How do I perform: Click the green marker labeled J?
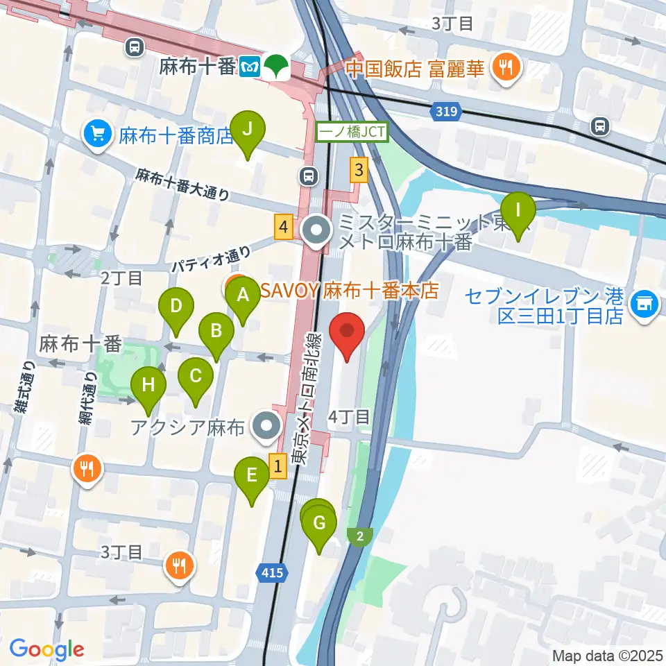(250, 129)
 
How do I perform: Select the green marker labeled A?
(242, 296)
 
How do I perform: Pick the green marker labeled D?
(176, 306)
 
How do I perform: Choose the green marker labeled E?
(251, 476)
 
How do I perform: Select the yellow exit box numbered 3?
(358, 169)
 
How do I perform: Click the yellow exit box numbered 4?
(282, 227)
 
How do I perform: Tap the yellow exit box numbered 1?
(277, 465)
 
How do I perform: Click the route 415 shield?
(273, 572)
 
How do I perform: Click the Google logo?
(46, 650)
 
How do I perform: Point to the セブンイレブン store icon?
(644, 303)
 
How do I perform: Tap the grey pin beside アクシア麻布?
(265, 427)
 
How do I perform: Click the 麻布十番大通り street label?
(182, 185)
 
